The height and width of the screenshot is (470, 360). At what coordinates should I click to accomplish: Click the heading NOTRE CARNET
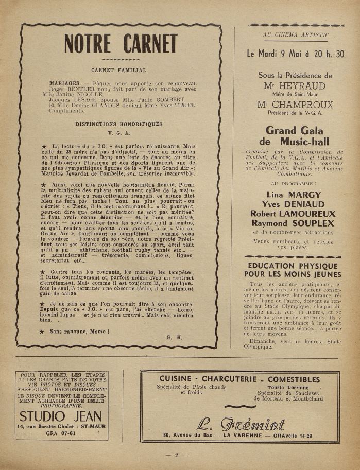(x=121, y=44)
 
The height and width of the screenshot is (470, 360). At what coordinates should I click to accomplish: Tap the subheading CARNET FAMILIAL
(x=118, y=70)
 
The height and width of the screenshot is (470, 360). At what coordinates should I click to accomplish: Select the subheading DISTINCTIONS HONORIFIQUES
(x=119, y=124)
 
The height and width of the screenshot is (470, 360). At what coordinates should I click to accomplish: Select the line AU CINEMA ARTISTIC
(x=296, y=35)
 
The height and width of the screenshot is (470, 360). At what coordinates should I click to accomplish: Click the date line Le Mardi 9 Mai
(x=296, y=54)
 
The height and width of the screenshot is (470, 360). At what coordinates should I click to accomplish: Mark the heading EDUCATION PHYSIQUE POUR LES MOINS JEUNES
(x=292, y=270)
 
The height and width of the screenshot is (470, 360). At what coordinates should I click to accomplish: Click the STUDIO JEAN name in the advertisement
(x=61, y=416)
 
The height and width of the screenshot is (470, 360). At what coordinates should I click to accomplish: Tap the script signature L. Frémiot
(x=240, y=424)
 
